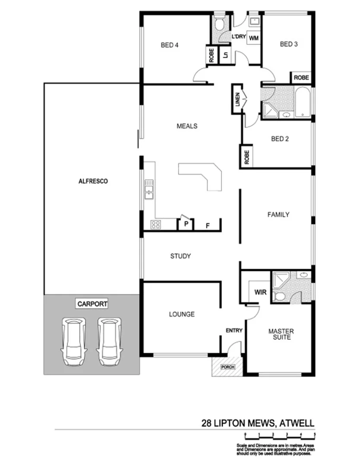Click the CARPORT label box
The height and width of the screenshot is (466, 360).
point(92,304)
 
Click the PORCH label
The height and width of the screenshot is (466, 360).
point(227,367)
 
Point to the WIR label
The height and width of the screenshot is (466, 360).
point(260,292)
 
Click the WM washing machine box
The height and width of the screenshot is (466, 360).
point(254,38)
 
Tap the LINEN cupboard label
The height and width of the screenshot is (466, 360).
point(237,100)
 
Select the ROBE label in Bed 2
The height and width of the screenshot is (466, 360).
point(246,157)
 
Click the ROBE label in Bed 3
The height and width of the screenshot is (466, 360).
point(301,78)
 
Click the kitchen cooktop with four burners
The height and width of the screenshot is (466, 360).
point(155,224)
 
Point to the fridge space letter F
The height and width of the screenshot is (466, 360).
point(208,225)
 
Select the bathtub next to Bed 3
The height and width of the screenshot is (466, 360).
point(302,102)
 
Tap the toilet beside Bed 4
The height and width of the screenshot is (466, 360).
point(219,25)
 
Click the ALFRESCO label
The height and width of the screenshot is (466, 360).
point(93,182)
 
